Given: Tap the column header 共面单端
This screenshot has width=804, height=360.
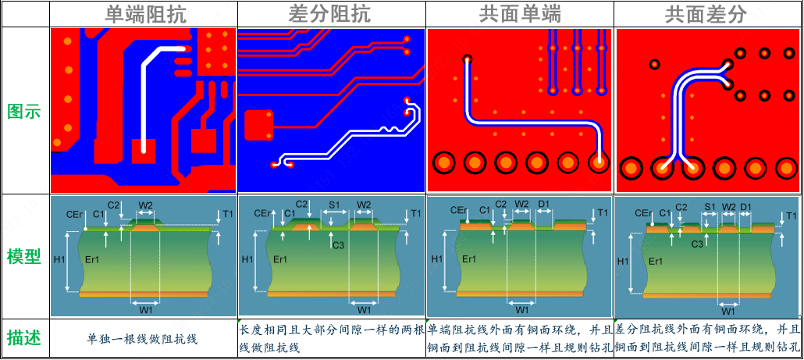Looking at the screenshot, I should [520, 14].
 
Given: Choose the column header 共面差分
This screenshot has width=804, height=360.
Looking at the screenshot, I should [706, 14].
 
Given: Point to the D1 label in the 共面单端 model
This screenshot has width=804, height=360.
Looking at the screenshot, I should [544, 205].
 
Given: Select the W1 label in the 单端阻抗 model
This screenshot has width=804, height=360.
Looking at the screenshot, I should [146, 310].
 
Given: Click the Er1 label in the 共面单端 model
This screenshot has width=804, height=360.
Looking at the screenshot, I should [469, 259].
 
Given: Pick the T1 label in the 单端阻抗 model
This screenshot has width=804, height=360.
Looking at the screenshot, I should [227, 214].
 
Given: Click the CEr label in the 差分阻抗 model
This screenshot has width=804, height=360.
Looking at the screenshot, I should [263, 213].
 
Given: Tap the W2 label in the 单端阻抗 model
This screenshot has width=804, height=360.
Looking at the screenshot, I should [146, 205].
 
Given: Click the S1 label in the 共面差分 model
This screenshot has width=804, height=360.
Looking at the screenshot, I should [710, 207].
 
